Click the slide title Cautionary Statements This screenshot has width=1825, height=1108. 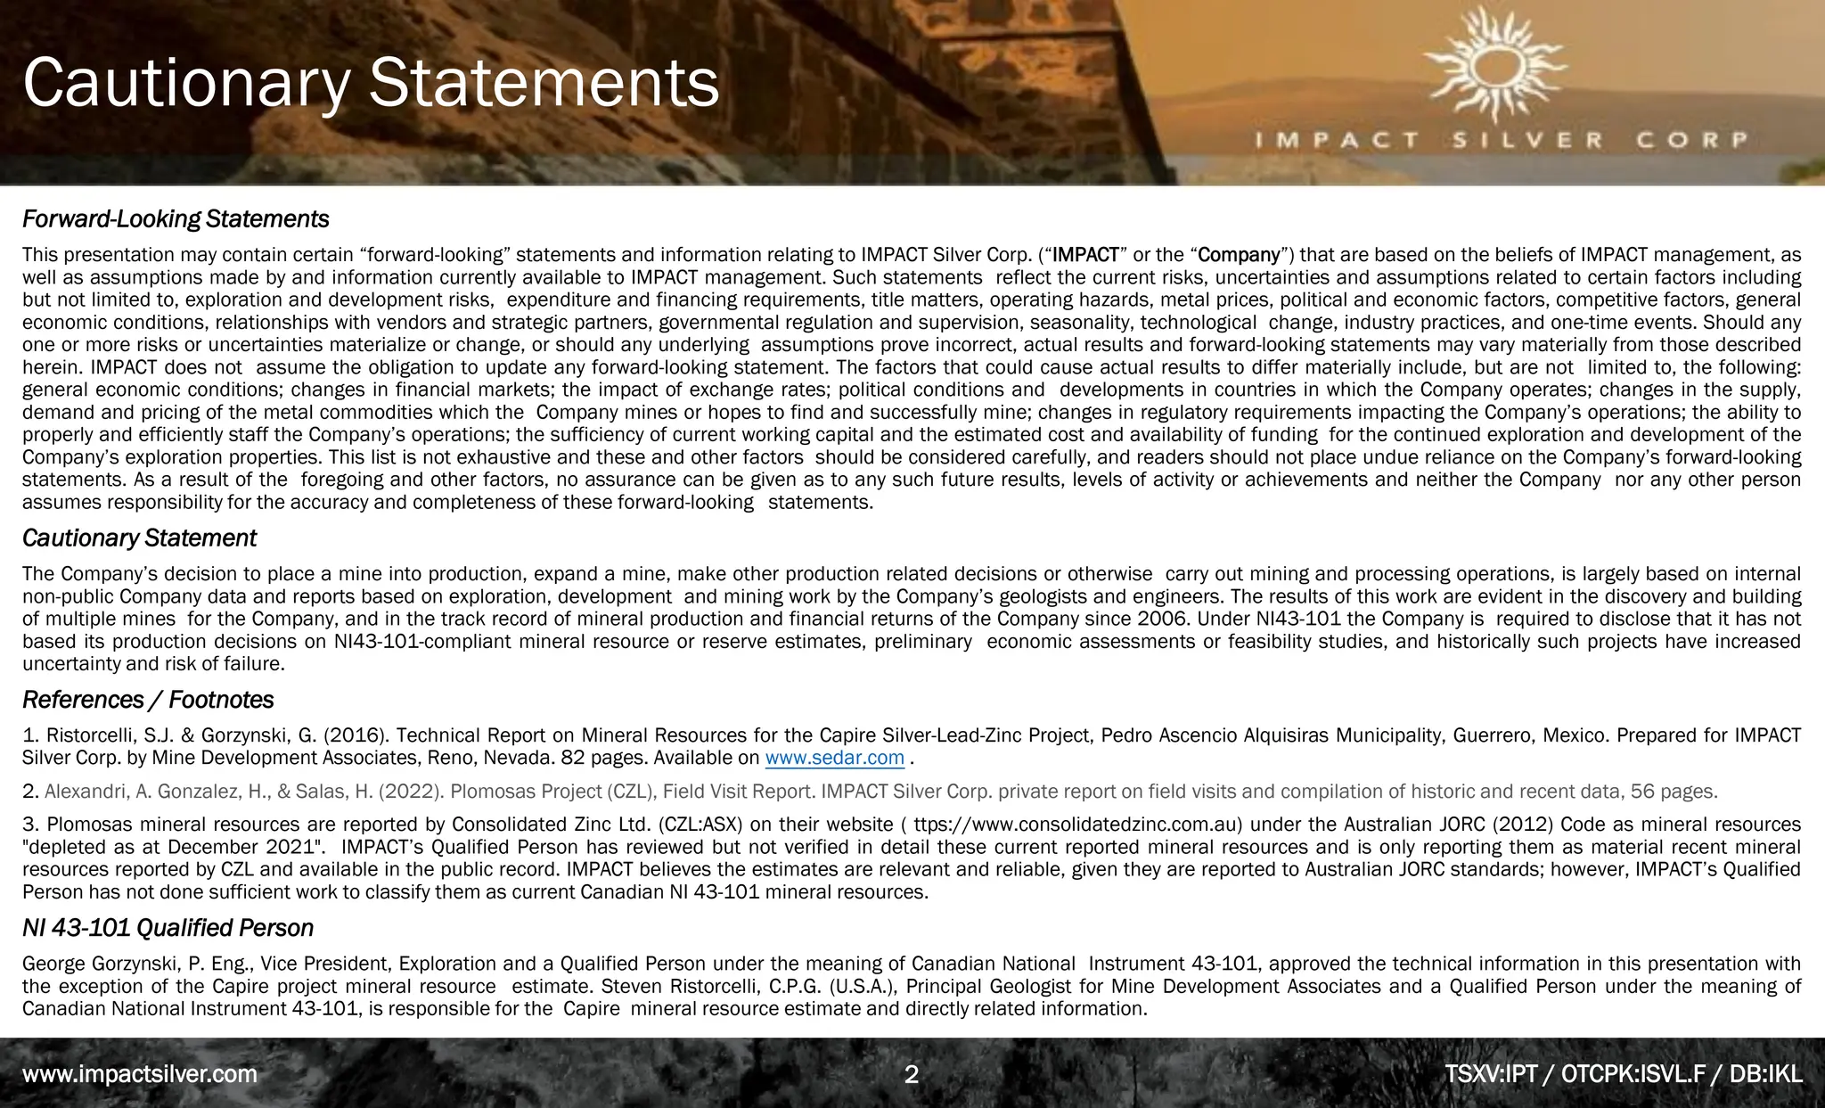[371, 84]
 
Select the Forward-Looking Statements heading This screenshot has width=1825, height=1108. [176, 219]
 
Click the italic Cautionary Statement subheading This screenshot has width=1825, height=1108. [139, 538]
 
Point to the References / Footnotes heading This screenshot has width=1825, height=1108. [148, 700]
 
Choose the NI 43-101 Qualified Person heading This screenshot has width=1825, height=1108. [168, 928]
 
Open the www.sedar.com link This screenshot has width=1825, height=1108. [834, 759]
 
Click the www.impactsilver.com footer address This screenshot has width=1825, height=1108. [140, 1074]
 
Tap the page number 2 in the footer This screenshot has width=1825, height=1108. [911, 1074]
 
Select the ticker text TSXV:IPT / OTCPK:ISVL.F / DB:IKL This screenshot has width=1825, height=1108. [1623, 1074]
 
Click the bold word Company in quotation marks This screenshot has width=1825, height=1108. [1239, 256]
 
